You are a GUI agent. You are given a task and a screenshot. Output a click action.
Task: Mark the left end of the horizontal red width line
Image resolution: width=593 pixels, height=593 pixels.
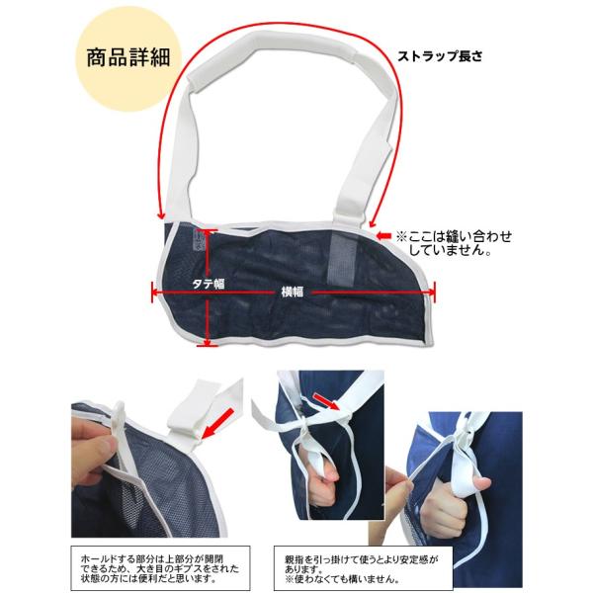[152, 293]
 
